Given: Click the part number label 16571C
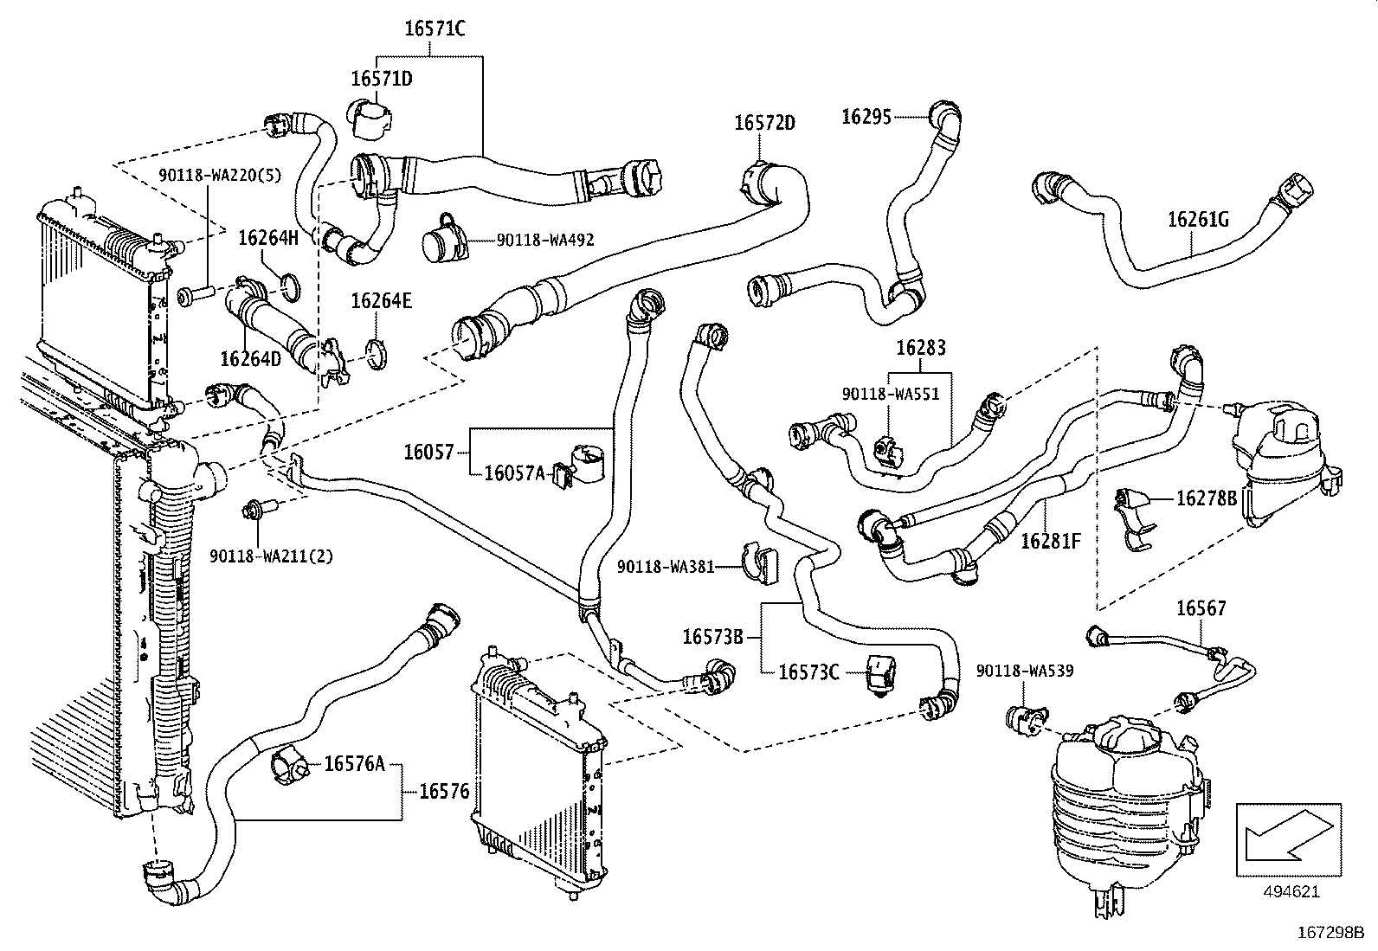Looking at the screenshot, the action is click(435, 29).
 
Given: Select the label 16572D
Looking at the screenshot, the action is click(764, 123).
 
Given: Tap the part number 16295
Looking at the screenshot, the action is click(866, 117).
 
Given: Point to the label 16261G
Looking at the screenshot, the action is click(1198, 220).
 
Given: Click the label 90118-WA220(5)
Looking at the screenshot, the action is click(220, 176).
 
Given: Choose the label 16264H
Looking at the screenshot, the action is click(268, 238).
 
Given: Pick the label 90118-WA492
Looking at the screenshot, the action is click(545, 240).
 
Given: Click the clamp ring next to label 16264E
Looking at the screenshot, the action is click(376, 355).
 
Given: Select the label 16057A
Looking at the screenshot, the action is click(515, 473).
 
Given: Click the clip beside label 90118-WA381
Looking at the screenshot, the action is click(760, 562).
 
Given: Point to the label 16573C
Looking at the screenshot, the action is click(809, 672).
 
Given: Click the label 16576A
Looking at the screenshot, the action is click(354, 764).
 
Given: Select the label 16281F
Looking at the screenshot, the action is click(1051, 541).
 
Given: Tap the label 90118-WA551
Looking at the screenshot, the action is click(891, 395).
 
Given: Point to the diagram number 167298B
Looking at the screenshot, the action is click(1330, 933).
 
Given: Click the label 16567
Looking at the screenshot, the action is click(1201, 608).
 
